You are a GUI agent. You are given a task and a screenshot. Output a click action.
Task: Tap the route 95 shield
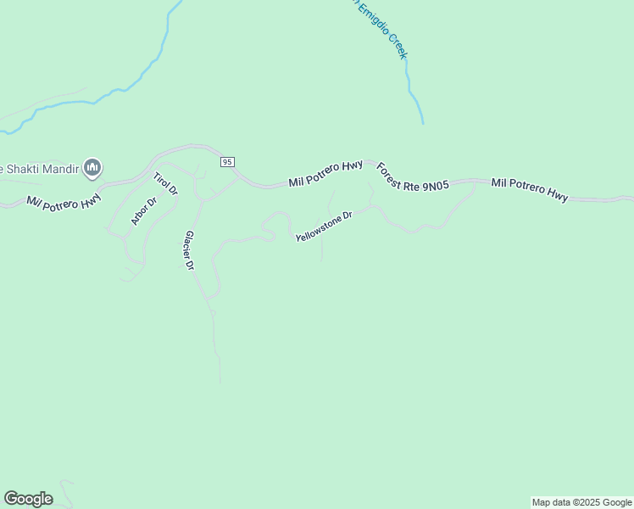226,161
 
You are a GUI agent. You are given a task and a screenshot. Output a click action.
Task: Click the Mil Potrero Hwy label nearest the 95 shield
325,173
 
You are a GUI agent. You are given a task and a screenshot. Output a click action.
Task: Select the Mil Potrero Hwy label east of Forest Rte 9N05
529,189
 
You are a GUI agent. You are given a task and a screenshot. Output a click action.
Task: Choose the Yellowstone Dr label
323,227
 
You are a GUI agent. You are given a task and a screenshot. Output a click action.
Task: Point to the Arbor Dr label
144,211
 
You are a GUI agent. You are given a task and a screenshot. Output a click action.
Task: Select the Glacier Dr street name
190,250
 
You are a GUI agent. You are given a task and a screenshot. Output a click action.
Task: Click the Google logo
28,499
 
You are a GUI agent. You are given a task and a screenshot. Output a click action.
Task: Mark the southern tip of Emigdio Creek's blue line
422,124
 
